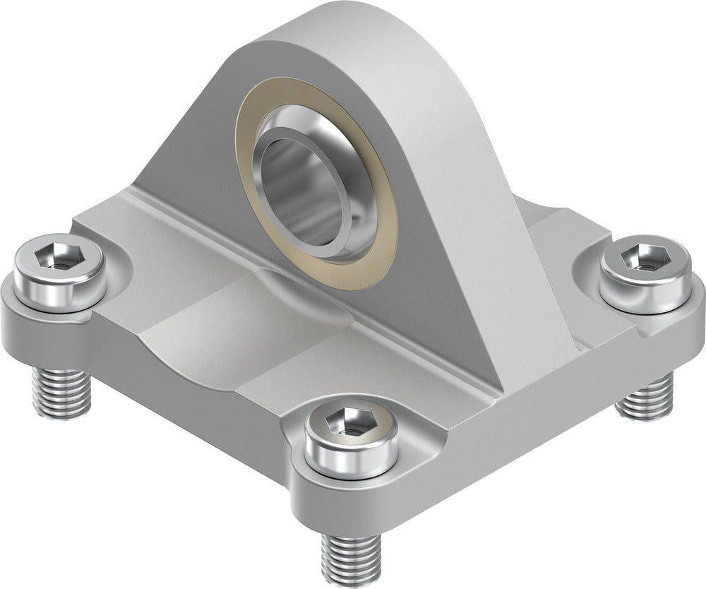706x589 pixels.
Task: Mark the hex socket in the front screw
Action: coord(351,422)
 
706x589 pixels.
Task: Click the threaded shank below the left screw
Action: coord(61,392)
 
